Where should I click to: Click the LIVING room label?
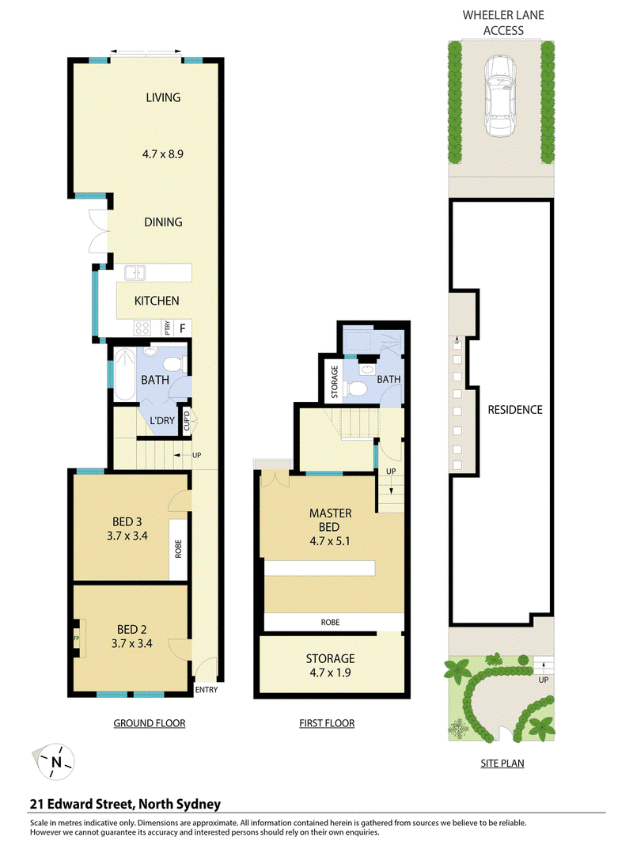(x=163, y=97)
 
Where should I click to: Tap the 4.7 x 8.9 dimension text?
(x=163, y=154)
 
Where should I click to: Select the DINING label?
(x=163, y=222)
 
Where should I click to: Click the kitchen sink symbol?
(x=135, y=273)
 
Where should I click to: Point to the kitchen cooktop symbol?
(x=142, y=327)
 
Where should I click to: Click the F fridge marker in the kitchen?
(x=183, y=328)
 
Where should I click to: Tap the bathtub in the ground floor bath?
(x=125, y=374)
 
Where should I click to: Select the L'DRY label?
(x=161, y=420)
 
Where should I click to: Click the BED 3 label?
(x=127, y=521)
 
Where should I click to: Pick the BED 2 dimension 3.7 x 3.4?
(x=132, y=643)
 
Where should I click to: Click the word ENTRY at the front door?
(x=207, y=690)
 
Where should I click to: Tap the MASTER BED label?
(x=330, y=520)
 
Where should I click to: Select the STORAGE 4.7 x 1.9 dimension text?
(x=330, y=673)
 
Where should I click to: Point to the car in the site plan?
(x=500, y=97)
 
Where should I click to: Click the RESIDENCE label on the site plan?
(x=515, y=410)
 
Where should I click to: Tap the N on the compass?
(x=56, y=762)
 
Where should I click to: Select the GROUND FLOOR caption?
(x=150, y=723)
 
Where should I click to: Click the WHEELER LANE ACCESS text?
(x=503, y=23)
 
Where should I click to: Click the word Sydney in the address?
(x=199, y=805)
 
